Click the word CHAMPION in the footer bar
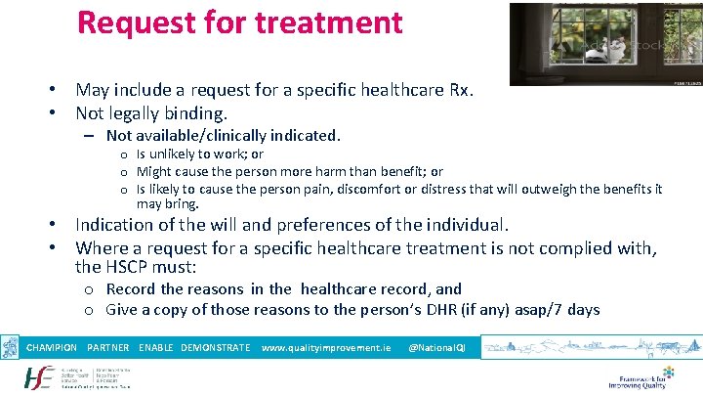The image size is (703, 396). [x=52, y=347]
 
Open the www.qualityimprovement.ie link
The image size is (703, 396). [x=326, y=347]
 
